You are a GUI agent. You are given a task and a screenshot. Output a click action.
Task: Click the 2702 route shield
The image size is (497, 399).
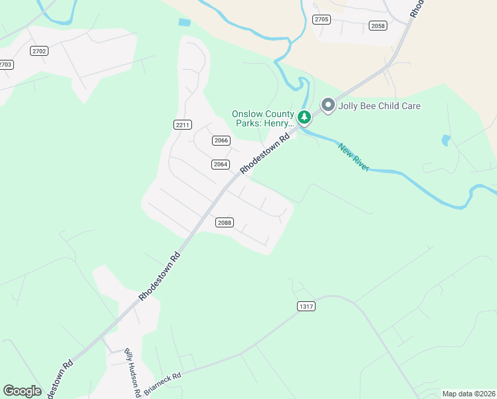[39, 51]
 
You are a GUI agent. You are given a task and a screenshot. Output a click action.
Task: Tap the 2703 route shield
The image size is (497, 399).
[5, 65]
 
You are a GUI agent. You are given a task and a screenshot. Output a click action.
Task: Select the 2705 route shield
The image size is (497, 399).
[322, 19]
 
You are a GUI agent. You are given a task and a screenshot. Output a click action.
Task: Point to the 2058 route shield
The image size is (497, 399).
[378, 25]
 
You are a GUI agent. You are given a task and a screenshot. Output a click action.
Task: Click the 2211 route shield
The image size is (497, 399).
[183, 124]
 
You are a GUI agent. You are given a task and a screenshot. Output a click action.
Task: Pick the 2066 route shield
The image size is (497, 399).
[221, 140]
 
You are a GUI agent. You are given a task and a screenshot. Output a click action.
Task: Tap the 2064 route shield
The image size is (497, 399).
[221, 164]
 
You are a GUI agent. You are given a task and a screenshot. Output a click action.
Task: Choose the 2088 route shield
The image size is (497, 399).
[225, 223]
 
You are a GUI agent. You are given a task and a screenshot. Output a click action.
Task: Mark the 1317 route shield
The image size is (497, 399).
[306, 306]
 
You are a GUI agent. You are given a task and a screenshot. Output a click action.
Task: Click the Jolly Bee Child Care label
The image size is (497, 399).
[379, 106]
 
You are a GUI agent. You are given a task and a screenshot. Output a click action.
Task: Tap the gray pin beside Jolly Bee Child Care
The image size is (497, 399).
[328, 105]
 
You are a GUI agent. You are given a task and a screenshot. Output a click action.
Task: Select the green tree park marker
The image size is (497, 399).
[304, 118]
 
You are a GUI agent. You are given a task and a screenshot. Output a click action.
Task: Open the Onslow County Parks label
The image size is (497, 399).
[262, 118]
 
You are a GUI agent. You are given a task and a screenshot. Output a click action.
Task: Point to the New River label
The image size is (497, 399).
[353, 158]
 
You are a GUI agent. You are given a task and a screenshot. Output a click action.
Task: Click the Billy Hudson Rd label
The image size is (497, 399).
[132, 372]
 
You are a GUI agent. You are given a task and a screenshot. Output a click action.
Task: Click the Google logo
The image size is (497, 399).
[22, 391]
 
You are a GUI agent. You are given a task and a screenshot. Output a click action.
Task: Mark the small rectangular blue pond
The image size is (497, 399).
[184, 23]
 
